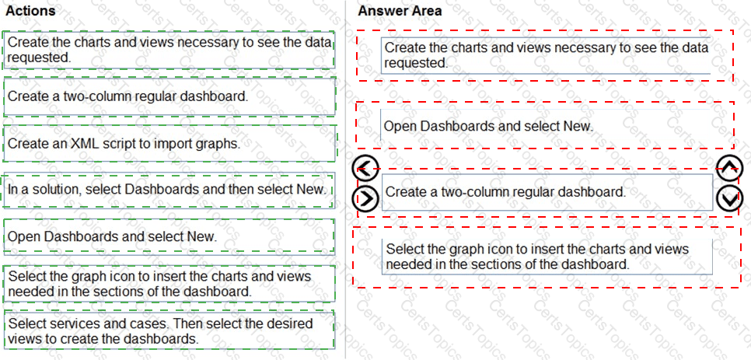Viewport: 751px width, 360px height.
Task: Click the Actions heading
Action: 30,11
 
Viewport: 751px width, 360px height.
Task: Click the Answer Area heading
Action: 400,11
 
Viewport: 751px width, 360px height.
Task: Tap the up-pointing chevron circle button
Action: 728,167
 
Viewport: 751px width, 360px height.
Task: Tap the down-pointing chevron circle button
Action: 728,199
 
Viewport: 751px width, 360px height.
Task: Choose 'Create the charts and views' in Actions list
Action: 169,50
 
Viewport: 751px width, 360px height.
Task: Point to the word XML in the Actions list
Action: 86,143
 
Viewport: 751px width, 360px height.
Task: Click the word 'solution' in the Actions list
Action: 47,190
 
